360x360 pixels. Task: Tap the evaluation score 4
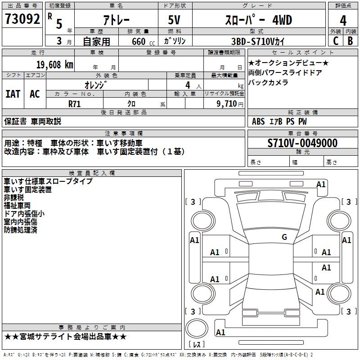tap(343, 21)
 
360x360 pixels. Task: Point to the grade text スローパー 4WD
tap(258, 20)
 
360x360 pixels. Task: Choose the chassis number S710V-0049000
tap(302, 144)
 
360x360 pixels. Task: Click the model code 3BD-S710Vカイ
tap(258, 41)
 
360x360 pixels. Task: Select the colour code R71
tap(75, 103)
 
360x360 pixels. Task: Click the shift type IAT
tap(13, 94)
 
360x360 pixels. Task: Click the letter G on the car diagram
tap(284, 237)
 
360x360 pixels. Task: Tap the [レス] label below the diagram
tap(197, 345)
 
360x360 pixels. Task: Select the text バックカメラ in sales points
tap(268, 82)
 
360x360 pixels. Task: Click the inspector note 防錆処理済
tap(20, 230)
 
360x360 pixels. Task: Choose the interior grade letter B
tap(350, 41)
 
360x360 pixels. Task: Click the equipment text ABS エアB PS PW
tap(279, 121)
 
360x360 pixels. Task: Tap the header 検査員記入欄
tap(91, 173)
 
